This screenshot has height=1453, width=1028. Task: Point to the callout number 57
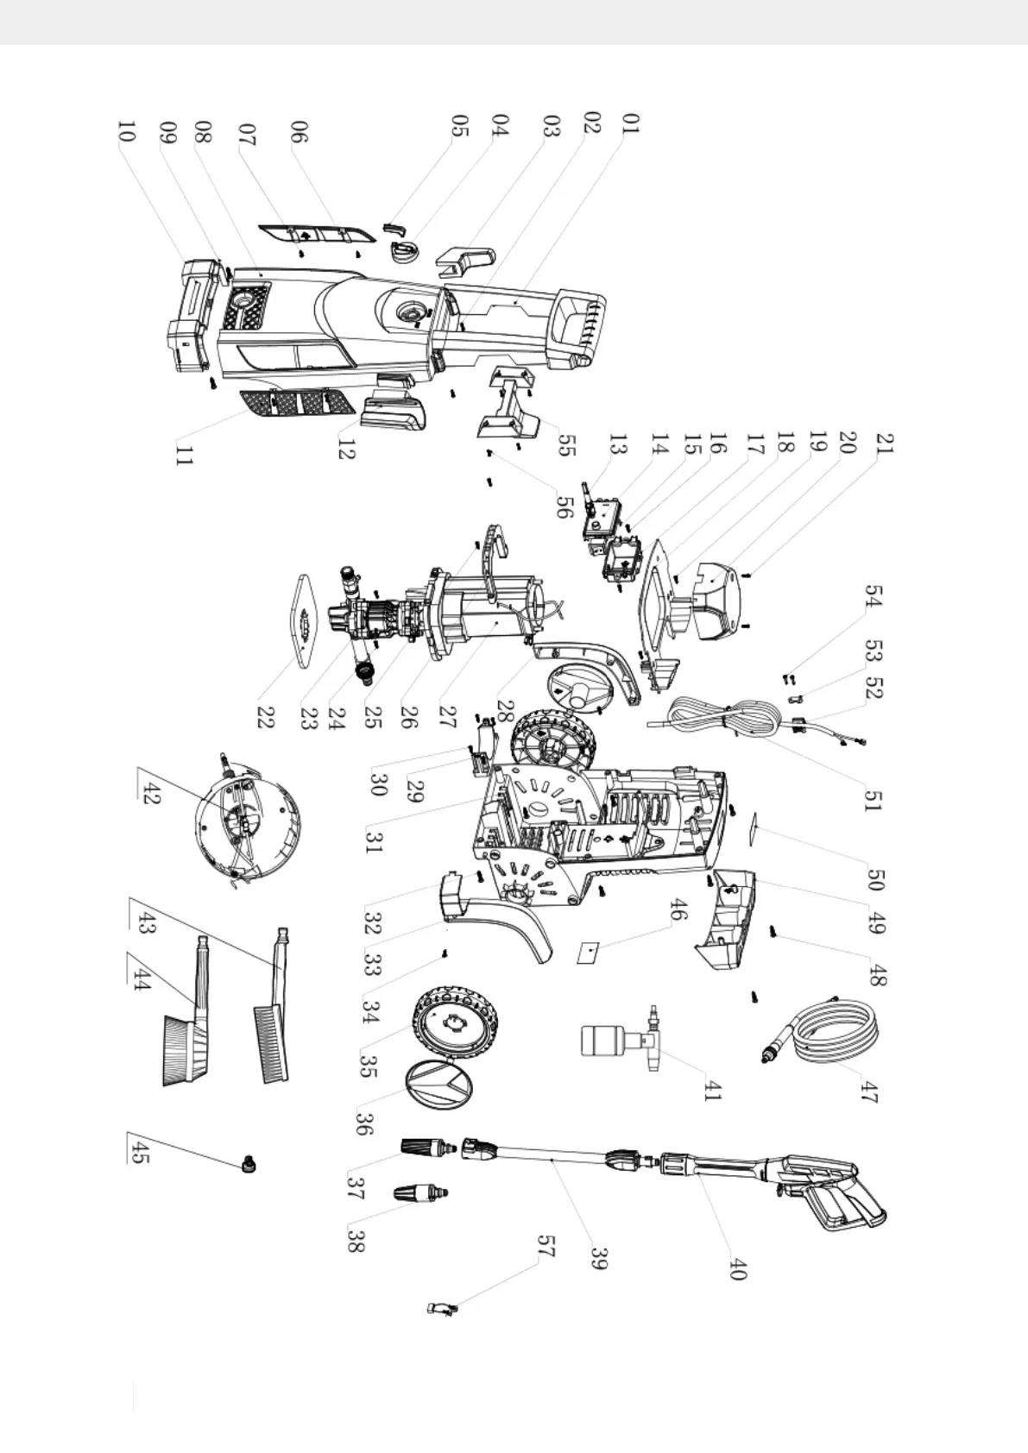coord(546,1245)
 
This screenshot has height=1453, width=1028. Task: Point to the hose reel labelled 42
coord(246,815)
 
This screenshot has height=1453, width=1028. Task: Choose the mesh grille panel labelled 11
coord(294,402)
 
